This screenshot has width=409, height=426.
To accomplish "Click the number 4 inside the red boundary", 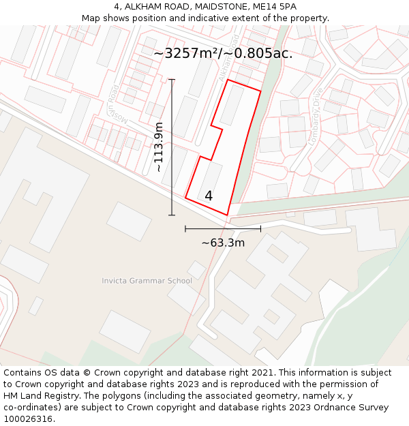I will (209, 196).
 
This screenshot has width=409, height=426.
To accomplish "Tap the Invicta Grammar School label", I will (147, 281).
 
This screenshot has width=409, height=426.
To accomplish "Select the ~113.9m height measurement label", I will (159, 147).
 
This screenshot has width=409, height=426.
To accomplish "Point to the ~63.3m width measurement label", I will (223, 242).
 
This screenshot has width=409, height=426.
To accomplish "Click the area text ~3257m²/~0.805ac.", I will (223, 53).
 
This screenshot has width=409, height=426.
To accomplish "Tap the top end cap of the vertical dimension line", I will (172, 80).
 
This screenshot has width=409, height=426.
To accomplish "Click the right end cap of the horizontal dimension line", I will (260, 228).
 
